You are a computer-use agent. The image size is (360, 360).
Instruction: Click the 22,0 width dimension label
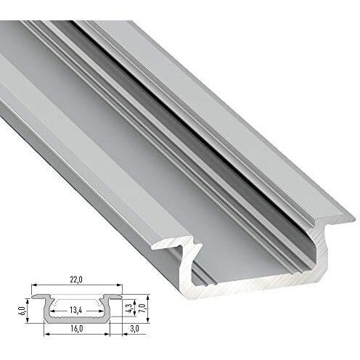76,279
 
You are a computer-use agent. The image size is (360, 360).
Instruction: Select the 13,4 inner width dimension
76,310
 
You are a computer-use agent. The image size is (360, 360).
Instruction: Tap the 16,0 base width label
76,329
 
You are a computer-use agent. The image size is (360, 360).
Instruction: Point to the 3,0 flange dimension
134,329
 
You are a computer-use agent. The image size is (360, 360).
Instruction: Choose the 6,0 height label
23,311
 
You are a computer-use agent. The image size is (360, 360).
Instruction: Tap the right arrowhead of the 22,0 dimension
119,285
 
